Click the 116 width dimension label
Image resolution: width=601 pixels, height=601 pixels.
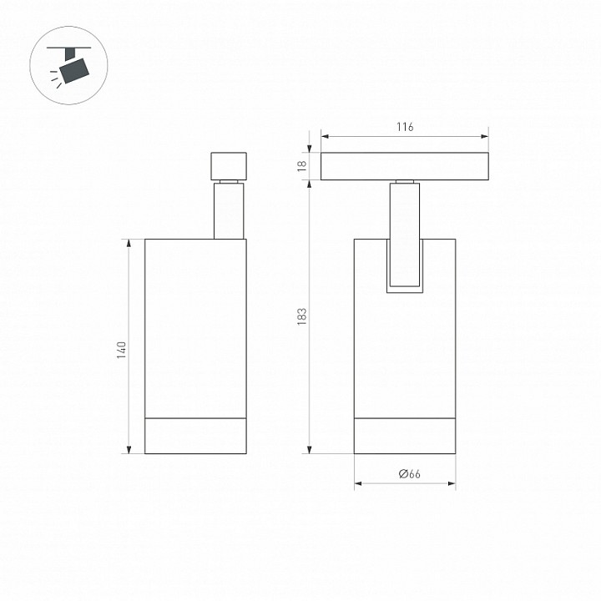pyautogui.click(x=405, y=127)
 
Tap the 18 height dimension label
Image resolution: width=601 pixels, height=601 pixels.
pyautogui.click(x=302, y=166)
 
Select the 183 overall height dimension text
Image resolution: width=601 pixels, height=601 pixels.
pyautogui.click(x=302, y=316)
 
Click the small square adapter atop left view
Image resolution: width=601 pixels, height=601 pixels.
pyautogui.click(x=229, y=165)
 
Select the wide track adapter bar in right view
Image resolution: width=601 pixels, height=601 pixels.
pyautogui.click(x=405, y=167)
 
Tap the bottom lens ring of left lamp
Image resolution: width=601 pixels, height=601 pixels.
pyautogui.click(x=196, y=434)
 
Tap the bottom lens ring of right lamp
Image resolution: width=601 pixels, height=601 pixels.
pyautogui.click(x=405, y=434)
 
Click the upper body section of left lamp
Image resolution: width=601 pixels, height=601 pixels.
pyautogui.click(x=196, y=326)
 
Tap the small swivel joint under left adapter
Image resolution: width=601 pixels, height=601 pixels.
pyautogui.click(x=229, y=182)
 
